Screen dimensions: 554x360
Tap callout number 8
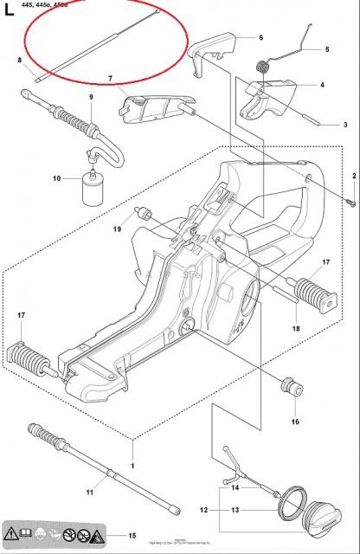19,60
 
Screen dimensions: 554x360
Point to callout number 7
111,80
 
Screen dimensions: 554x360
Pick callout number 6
260,38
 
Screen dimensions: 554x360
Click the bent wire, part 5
298,39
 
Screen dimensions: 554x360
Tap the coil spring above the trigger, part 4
263,66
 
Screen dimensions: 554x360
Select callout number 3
345,126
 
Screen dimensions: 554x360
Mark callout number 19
117,229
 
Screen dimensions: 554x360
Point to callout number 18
295,329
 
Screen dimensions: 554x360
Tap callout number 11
90,493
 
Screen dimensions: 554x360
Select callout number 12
203,510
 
